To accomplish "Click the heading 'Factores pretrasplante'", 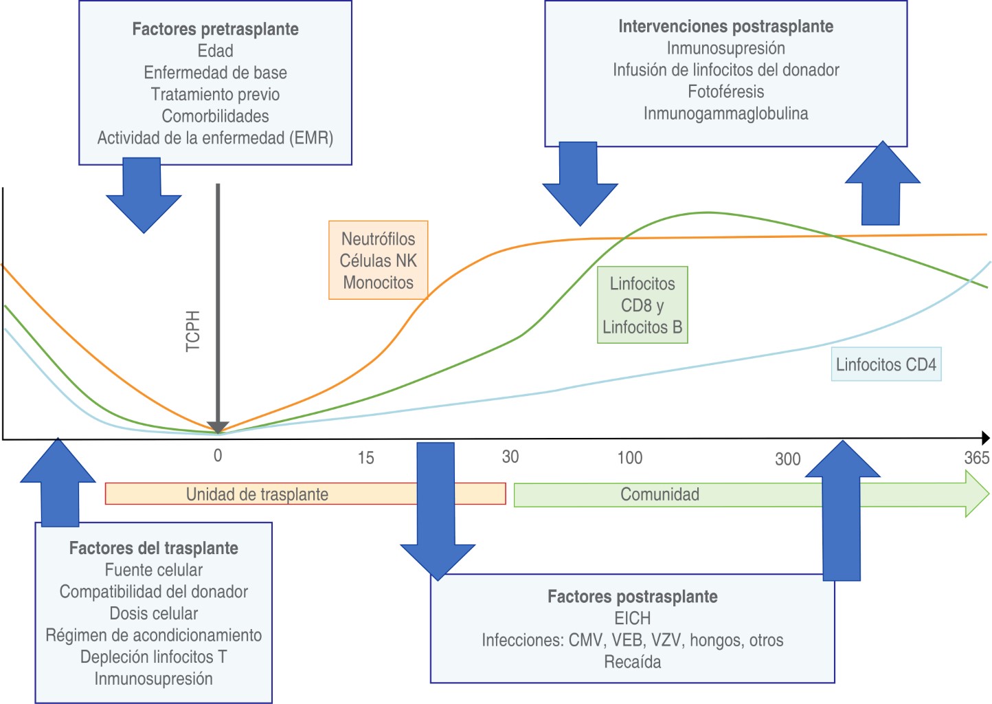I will point(215,29).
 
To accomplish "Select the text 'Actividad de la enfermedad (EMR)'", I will point(215,138).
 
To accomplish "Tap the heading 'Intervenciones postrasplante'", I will point(725,26).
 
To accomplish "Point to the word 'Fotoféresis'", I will point(725,91).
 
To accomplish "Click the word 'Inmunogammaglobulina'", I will point(725,113).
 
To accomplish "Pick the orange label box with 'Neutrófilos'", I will point(378,260).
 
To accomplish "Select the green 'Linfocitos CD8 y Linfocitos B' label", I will point(642,305).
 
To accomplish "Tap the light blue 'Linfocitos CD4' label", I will point(886,364).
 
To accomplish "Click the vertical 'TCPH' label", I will point(193,331).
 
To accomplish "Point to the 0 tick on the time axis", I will point(218,455).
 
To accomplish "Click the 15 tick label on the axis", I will point(365,458).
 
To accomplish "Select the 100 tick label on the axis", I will point(629,458).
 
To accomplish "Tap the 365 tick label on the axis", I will point(976,458).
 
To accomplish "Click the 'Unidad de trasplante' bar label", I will point(257,494).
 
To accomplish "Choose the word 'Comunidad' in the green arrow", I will point(660,494).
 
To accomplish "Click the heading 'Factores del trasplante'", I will point(153,548).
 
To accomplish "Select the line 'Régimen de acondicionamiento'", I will point(153,635).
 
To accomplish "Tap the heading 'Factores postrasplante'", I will point(632,597).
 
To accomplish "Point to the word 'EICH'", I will point(632,618).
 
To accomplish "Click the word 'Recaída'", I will point(632,662).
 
